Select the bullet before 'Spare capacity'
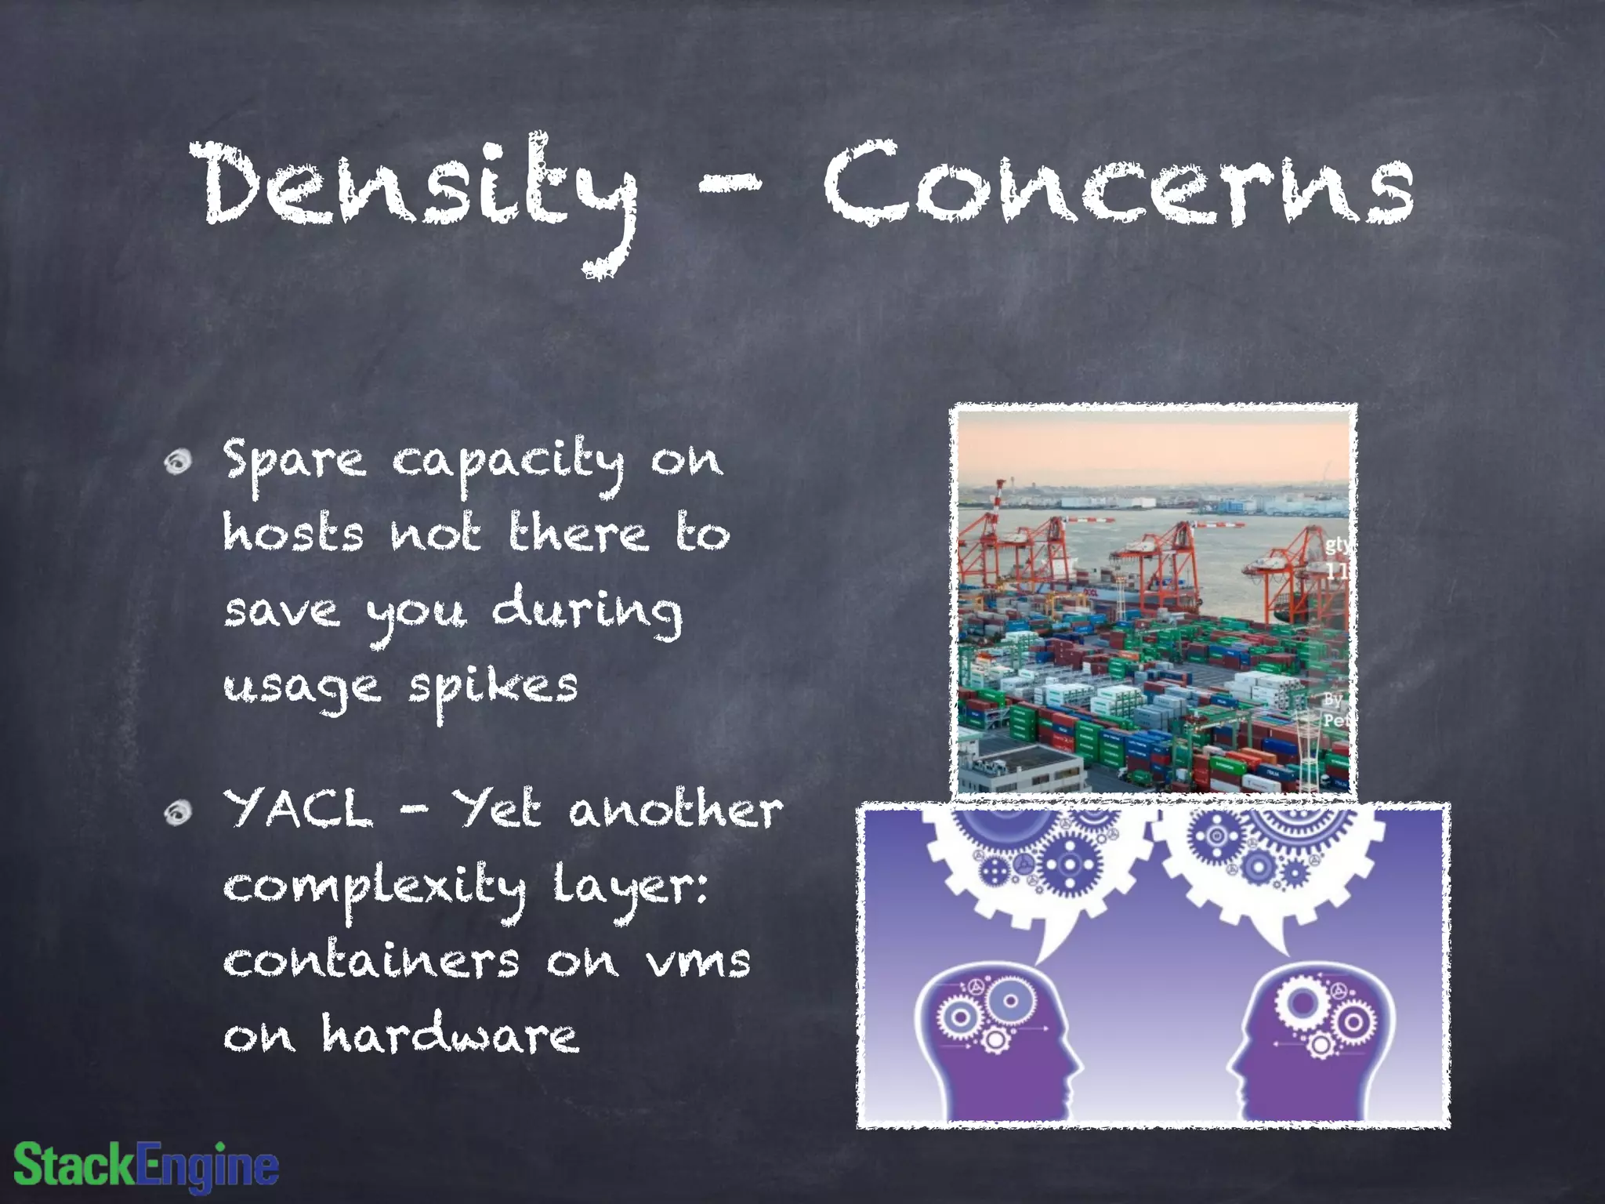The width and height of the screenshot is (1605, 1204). (179, 462)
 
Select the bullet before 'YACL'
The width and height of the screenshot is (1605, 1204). (179, 813)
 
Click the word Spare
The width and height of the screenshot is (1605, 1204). (294, 462)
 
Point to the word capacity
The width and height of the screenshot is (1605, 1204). (508, 462)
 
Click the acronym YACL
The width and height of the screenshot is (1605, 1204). (298, 809)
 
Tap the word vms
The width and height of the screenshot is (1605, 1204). (697, 962)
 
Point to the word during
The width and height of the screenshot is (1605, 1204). (586, 614)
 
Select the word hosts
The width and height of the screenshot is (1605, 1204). (294, 535)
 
